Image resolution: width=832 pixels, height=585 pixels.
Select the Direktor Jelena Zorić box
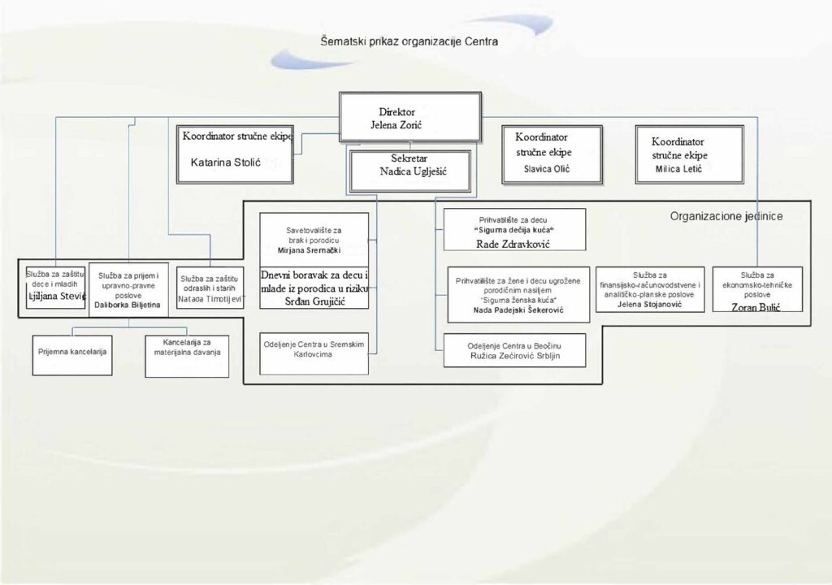pyautogui.click(x=401, y=119)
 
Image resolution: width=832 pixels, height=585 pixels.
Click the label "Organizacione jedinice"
pyautogui.click(x=737, y=217)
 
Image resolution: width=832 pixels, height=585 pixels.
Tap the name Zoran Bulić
pyautogui.click(x=756, y=306)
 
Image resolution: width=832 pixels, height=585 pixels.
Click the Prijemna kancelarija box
pyautogui.click(x=72, y=353)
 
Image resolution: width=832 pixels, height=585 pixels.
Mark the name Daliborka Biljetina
pyautogui.click(x=128, y=305)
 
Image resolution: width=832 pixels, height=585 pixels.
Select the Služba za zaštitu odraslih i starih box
pyautogui.click(x=210, y=288)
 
